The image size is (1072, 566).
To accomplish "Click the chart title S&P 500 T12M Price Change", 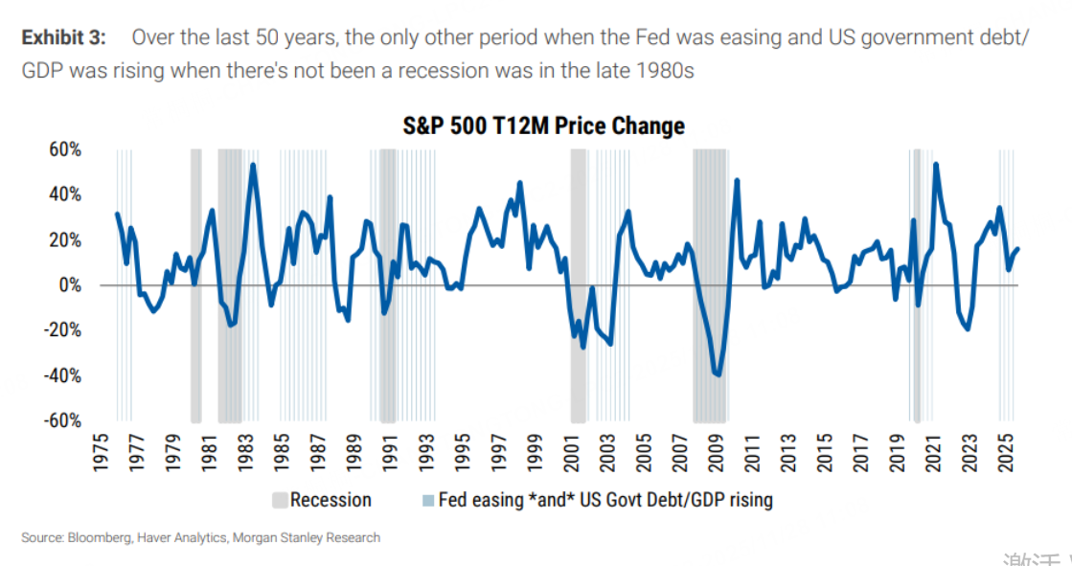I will coord(541,126).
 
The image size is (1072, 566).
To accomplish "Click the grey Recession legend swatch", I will coord(280,500).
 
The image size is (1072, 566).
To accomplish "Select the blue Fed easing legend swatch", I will coord(428,500).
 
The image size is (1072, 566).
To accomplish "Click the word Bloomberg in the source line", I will coord(101,537).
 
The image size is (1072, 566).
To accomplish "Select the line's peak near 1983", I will coord(253,165).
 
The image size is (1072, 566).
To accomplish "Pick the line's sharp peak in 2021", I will coord(935,164).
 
